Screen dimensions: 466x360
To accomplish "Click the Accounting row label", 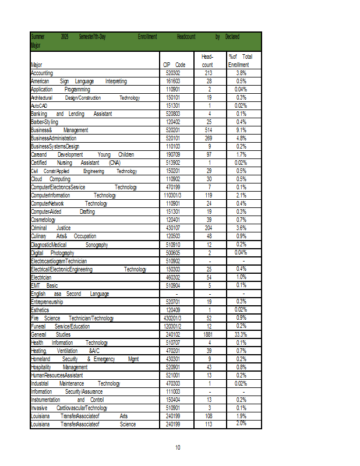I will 42,73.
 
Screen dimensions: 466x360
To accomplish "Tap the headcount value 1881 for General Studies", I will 209,335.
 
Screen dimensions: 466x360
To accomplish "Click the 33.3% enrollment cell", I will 241,335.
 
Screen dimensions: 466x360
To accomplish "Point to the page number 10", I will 178,447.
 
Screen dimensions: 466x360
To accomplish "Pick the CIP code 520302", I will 173,73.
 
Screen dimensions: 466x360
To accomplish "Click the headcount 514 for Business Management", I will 209,130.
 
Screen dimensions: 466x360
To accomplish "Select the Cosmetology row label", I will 43,220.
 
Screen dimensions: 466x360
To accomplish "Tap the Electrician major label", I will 41,278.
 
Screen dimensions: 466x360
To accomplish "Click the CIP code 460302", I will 173,278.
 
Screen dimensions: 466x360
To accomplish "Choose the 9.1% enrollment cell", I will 241,130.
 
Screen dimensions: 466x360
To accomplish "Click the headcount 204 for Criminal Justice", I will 209,228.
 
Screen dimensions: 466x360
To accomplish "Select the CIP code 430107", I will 173,228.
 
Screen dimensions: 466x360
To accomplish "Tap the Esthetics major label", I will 40,310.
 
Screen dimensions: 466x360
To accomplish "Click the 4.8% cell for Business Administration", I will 241,139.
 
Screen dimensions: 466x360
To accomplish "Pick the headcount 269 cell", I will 209,139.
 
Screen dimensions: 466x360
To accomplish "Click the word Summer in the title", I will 38,37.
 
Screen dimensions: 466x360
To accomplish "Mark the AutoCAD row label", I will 38,106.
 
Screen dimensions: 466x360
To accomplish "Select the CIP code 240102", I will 173,335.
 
